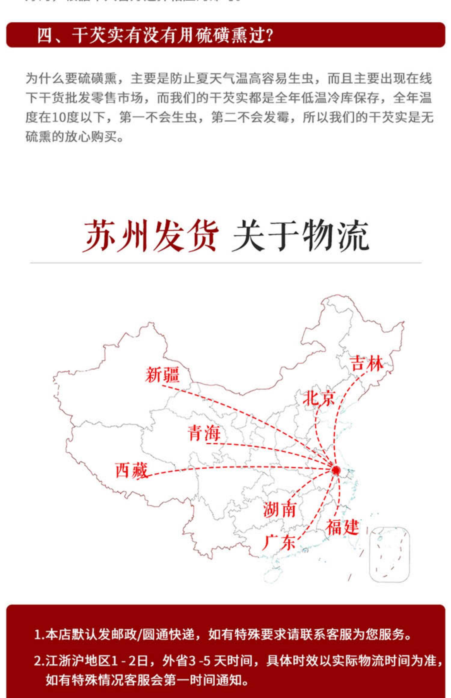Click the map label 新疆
click(162, 375)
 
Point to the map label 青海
click(204, 433)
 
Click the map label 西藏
click(132, 470)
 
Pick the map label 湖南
click(279, 510)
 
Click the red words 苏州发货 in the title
click(150, 236)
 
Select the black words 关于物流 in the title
click(300, 236)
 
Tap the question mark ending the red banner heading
click(269, 35)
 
